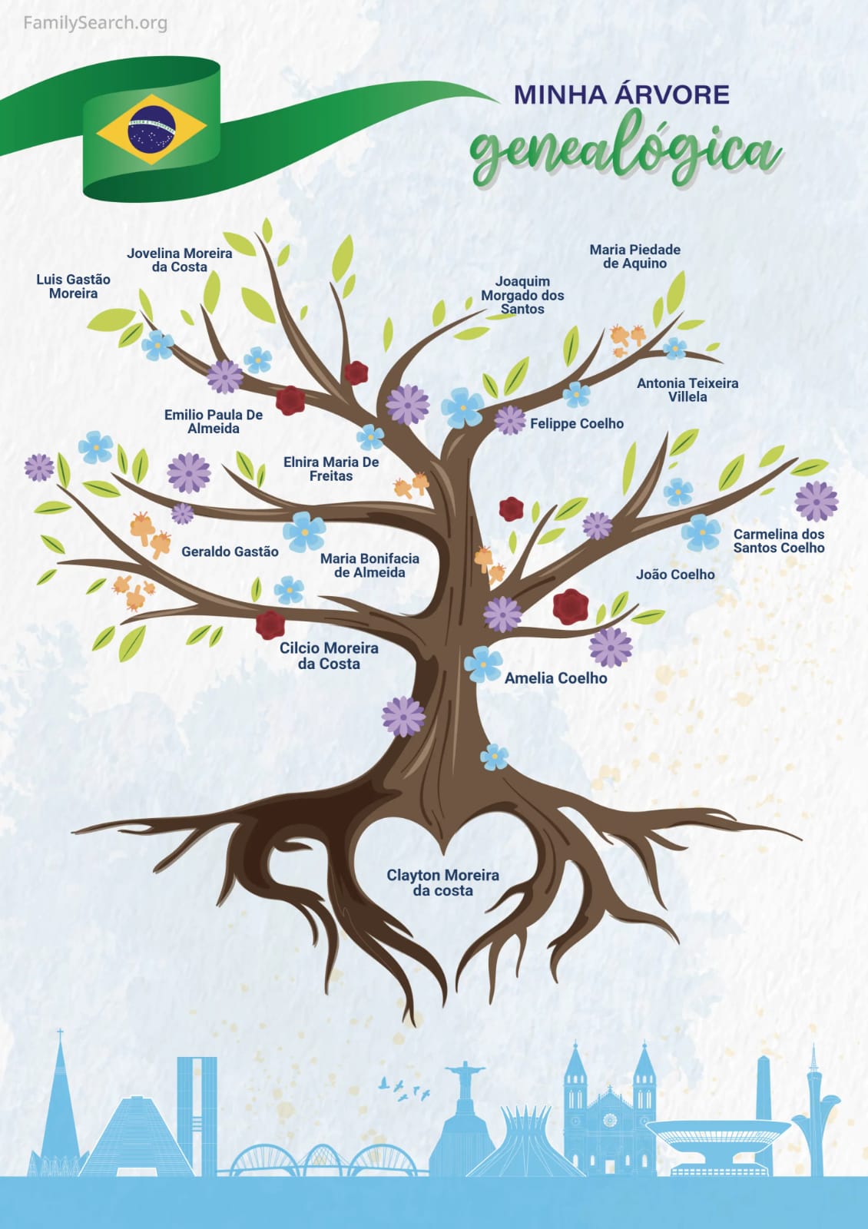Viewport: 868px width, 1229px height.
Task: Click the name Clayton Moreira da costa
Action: point(442,883)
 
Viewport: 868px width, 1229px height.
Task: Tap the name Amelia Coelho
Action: point(555,678)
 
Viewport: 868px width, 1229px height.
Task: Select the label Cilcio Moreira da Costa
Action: point(329,655)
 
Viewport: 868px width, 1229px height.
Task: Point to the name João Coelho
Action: point(675,575)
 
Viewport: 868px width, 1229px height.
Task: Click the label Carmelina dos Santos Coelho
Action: point(778,541)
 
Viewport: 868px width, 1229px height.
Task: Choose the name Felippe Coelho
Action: point(577,423)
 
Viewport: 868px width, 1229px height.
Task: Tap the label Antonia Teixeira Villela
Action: point(687,389)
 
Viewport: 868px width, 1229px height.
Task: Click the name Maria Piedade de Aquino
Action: point(634,256)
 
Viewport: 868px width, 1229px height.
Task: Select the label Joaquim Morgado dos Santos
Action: point(522,295)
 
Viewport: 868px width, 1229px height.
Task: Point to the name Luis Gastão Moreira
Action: point(73,286)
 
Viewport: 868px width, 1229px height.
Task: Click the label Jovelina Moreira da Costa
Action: point(179,260)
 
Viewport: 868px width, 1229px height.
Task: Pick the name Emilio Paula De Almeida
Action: point(214,421)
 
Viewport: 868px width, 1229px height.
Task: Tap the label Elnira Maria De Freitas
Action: point(331,469)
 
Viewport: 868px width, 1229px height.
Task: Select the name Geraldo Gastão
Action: point(230,552)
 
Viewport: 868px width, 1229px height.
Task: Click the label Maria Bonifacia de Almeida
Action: point(369,565)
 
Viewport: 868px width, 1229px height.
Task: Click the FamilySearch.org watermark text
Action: point(95,23)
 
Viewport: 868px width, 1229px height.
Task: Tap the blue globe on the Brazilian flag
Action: point(151,129)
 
